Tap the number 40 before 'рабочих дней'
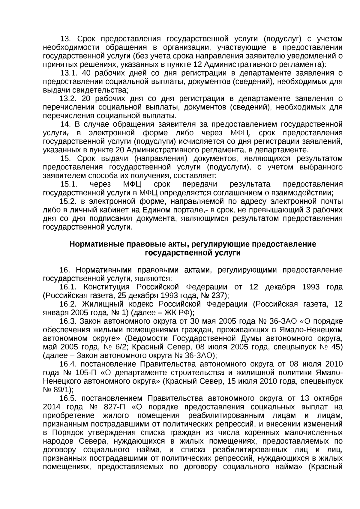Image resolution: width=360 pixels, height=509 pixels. [x=86, y=73]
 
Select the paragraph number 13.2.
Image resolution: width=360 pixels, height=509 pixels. [x=68, y=99]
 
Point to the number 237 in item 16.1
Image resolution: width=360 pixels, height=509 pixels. [x=219, y=295]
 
